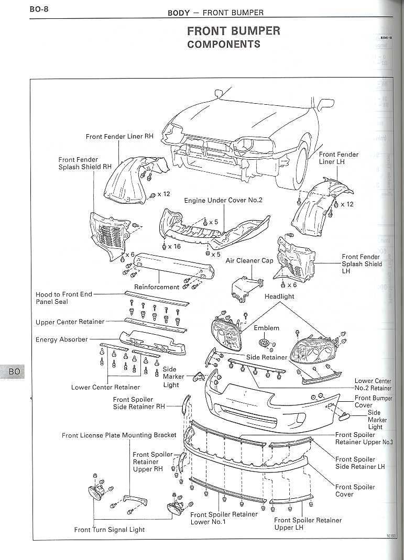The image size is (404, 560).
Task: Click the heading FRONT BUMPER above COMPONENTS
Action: pyautogui.click(x=233, y=31)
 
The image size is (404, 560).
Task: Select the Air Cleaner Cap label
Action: pyautogui.click(x=249, y=260)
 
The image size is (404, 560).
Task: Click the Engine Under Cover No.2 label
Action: pyautogui.click(x=223, y=200)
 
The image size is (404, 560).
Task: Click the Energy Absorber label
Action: pyautogui.click(x=62, y=339)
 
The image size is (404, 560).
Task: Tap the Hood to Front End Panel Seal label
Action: pyautogui.click(x=63, y=298)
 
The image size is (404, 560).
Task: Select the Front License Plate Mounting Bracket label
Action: pyautogui.click(x=119, y=435)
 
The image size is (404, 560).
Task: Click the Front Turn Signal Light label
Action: pyautogui.click(x=109, y=530)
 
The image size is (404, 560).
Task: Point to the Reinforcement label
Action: pyautogui.click(x=157, y=287)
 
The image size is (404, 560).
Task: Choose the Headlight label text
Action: pyautogui.click(x=279, y=296)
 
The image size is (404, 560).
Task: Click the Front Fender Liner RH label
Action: pyautogui.click(x=119, y=136)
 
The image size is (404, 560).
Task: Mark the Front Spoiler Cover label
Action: pyautogui.click(x=355, y=490)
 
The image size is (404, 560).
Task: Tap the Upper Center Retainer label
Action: pyautogui.click(x=70, y=322)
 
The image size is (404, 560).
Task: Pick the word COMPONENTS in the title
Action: pyautogui.click(x=223, y=44)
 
